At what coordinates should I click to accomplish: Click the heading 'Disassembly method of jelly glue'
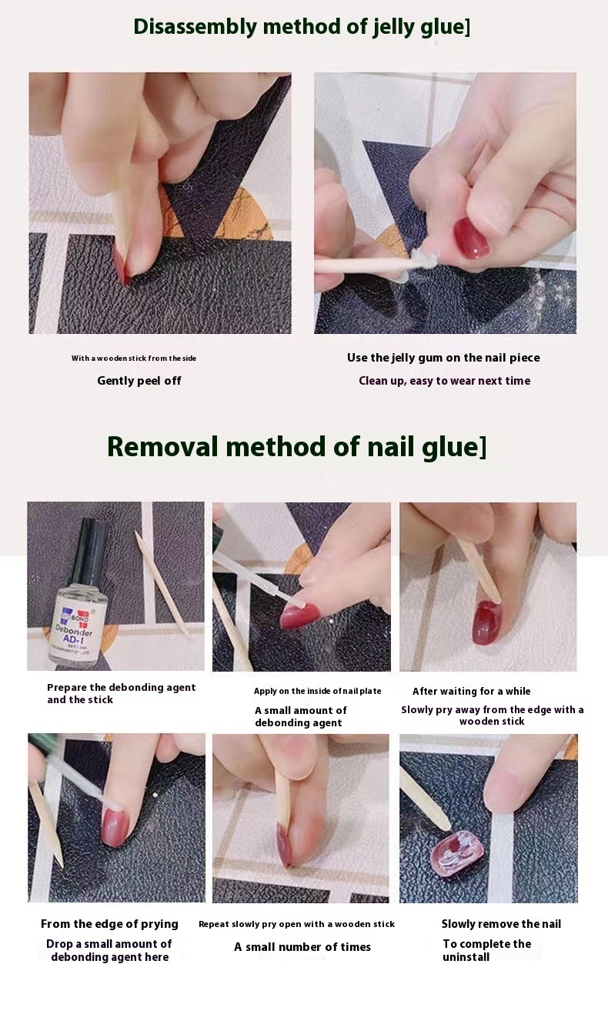click(301, 27)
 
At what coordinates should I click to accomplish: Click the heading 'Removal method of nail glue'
click(296, 447)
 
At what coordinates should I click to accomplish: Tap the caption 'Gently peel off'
click(139, 381)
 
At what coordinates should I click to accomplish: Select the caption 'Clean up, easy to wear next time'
click(444, 381)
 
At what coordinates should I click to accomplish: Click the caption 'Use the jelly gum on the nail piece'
click(443, 358)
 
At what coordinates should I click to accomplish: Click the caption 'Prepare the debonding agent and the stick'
click(121, 693)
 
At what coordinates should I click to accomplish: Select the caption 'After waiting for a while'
click(471, 692)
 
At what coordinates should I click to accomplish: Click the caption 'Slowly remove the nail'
click(501, 924)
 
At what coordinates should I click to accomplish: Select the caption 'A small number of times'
click(302, 947)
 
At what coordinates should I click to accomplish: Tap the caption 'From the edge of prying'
click(109, 924)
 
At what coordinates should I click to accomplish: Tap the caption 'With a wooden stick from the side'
click(134, 359)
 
